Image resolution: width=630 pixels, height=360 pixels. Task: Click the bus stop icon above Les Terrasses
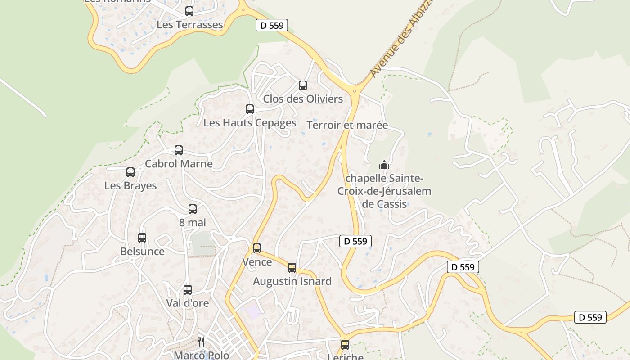(x=189, y=11)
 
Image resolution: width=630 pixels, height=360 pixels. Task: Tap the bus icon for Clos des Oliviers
(x=303, y=85)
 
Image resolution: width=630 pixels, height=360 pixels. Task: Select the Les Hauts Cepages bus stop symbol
(x=250, y=109)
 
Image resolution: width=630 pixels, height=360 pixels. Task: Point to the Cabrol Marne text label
(x=179, y=164)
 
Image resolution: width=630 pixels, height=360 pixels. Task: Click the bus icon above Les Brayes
(x=130, y=172)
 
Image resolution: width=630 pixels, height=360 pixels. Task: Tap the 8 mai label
(x=192, y=222)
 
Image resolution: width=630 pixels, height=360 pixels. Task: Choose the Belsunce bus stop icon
(x=142, y=238)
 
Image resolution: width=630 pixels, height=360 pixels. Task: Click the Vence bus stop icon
(x=257, y=248)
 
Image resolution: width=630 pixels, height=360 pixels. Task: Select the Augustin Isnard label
(x=292, y=281)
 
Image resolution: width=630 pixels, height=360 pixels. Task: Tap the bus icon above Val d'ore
(x=188, y=290)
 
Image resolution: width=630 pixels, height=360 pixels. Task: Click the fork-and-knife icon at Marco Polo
(x=201, y=342)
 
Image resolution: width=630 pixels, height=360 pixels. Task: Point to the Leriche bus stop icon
(x=345, y=345)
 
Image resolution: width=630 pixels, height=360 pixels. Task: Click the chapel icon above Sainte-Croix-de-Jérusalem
(x=384, y=165)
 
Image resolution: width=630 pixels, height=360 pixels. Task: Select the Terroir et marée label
(x=347, y=125)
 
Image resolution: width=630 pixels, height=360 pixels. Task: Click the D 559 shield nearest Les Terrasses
(x=272, y=26)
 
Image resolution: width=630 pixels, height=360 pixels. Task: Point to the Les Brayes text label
(x=130, y=186)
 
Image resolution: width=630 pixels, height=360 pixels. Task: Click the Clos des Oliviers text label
(x=303, y=99)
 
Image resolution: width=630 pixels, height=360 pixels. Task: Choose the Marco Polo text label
(x=201, y=355)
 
